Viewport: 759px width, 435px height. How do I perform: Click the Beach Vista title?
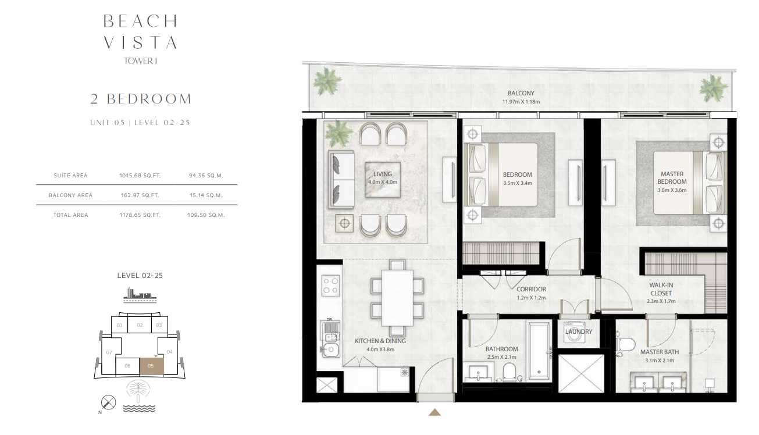point(140,32)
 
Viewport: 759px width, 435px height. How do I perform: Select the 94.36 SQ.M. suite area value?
point(206,176)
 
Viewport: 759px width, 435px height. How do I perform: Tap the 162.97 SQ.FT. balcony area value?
point(140,195)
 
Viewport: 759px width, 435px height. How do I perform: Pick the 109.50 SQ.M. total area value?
point(206,215)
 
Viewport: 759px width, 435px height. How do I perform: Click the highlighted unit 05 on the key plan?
point(152,366)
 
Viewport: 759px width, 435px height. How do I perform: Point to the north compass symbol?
point(108,402)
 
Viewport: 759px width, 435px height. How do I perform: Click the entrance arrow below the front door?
point(434,412)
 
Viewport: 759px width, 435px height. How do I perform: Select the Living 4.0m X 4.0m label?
point(383,178)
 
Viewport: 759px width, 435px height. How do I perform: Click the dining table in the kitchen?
point(397,298)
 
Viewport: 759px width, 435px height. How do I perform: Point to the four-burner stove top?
point(330,286)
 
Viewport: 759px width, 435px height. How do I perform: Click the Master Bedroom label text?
point(672,178)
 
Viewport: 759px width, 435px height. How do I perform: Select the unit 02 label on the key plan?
point(140,325)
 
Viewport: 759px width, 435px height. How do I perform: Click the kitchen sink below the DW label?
point(330,350)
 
